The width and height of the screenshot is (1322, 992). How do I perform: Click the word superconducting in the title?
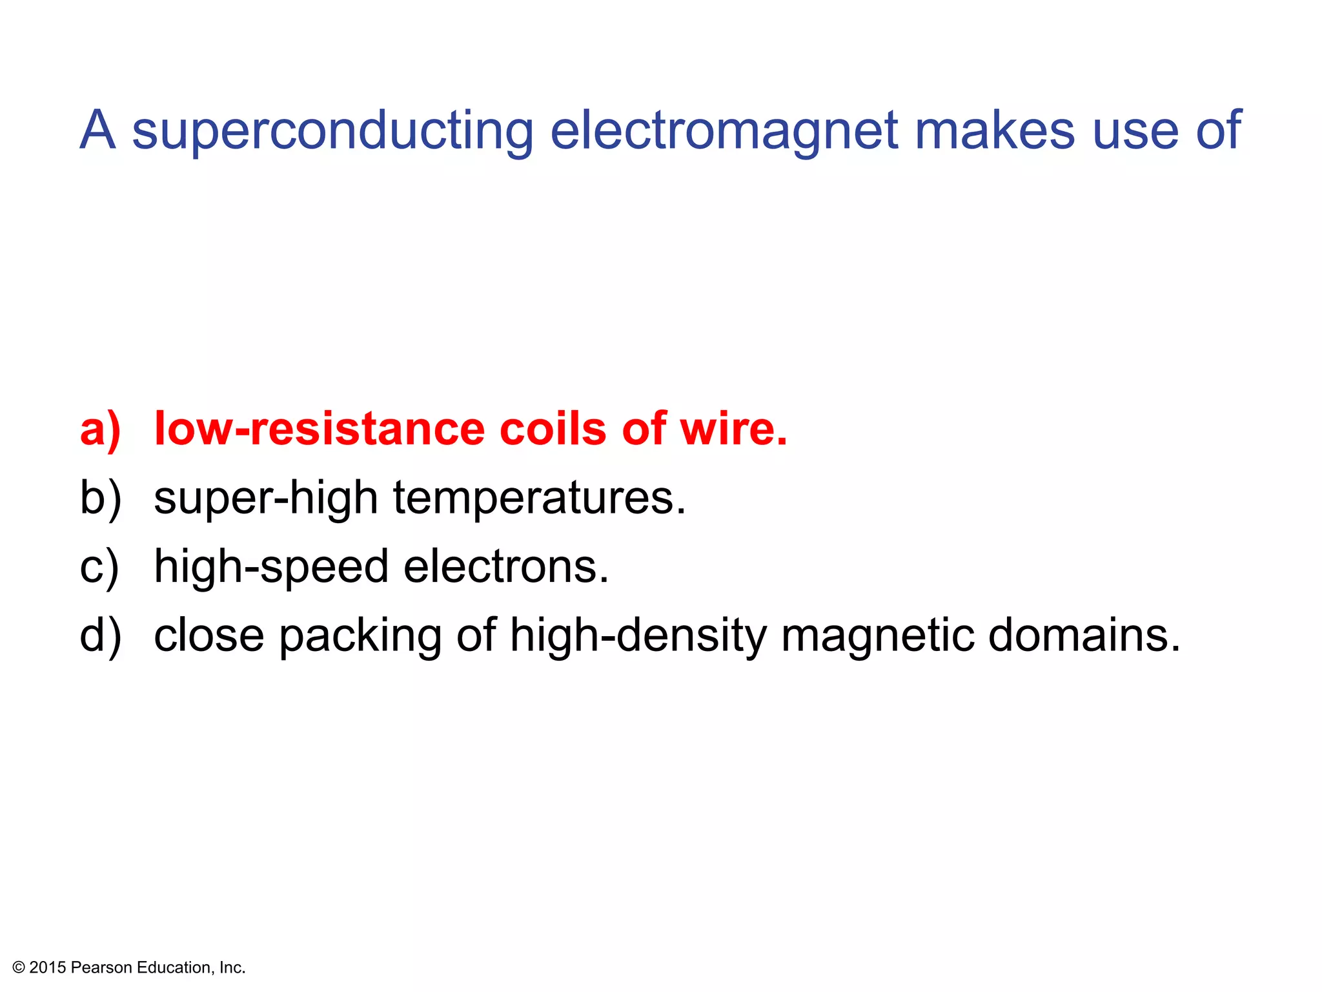coord(332,131)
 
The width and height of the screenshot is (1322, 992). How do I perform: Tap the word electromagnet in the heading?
coord(723,131)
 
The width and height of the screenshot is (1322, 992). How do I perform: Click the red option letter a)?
coord(100,429)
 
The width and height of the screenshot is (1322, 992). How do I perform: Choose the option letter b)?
coord(100,499)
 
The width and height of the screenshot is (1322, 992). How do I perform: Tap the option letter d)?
coord(100,636)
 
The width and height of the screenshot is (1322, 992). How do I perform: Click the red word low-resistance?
coord(320,429)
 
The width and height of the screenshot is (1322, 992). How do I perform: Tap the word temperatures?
coord(540,499)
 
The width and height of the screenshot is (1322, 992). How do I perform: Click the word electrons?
coord(506,566)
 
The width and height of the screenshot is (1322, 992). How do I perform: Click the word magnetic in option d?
coord(878,636)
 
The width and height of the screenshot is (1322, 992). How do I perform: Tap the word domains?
coord(1084,635)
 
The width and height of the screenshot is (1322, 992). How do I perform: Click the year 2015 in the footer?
coord(48,967)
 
